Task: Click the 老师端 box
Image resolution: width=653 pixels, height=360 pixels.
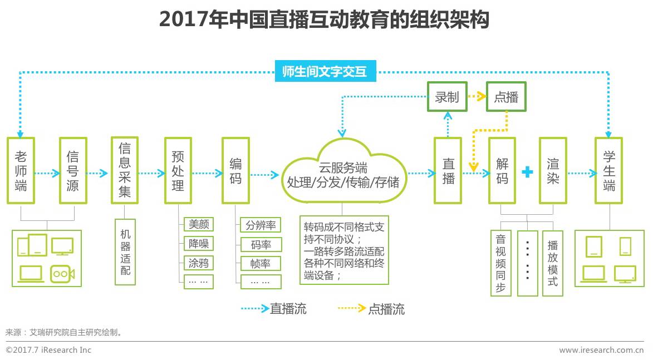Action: tap(21, 170)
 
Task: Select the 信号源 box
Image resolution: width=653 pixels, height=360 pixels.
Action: tap(72, 170)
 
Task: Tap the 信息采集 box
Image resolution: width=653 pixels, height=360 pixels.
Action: tap(124, 170)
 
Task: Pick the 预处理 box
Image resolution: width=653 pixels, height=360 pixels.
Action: tap(178, 170)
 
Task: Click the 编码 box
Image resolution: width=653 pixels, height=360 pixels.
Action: tap(235, 170)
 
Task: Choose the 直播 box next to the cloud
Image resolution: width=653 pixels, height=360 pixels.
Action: tap(448, 170)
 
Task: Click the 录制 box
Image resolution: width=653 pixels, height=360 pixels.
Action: tap(446, 97)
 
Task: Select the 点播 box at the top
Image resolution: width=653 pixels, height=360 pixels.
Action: tap(506, 97)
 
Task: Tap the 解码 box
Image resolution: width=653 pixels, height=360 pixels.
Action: tap(502, 170)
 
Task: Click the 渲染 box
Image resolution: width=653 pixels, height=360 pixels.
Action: tap(553, 170)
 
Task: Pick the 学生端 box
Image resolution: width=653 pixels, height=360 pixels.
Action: tap(608, 170)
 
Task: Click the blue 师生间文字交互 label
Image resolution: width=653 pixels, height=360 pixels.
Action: tap(326, 72)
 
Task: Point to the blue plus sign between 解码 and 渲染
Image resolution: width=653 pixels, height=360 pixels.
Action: tap(527, 172)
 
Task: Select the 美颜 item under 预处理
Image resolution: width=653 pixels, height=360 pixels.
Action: tap(199, 224)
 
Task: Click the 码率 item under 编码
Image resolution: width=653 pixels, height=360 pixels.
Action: tap(261, 244)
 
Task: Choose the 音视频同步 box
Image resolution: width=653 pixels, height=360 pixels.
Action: tap(500, 263)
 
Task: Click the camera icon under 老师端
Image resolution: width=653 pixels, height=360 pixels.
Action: tap(62, 273)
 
